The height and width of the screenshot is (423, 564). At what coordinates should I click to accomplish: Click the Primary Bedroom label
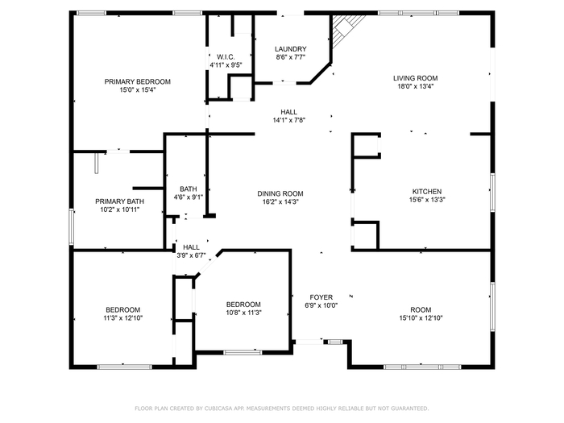[138, 81]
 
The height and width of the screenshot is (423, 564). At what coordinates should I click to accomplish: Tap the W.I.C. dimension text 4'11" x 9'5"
[226, 65]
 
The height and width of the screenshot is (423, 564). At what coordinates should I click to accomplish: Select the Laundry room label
[291, 49]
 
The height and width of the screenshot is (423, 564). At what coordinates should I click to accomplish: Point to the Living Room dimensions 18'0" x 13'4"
[416, 86]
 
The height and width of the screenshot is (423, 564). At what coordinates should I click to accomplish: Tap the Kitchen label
[427, 192]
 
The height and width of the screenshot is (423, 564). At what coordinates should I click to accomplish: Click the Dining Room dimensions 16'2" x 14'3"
[280, 202]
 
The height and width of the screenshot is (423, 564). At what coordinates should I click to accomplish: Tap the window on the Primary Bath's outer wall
[71, 226]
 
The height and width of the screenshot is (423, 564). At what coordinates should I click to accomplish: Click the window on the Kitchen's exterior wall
[492, 193]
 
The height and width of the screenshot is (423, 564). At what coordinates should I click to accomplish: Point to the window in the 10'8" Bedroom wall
[243, 353]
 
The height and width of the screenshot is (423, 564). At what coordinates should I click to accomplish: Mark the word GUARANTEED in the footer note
[411, 408]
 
